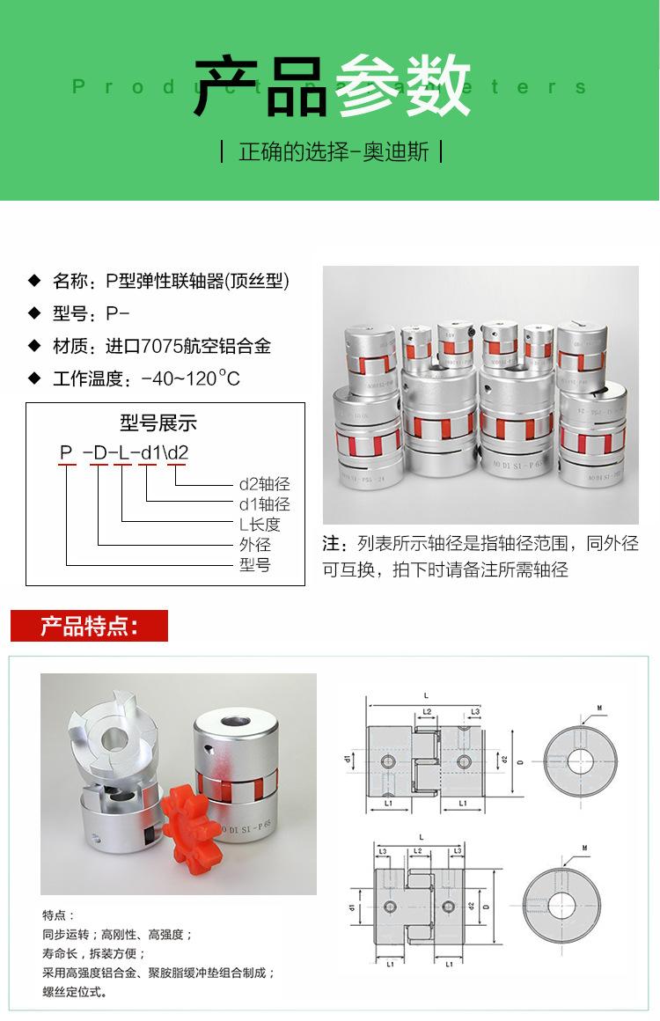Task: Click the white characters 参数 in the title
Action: [x=403, y=85]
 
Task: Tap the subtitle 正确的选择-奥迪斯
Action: [x=334, y=151]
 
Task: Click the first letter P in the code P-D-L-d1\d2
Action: [x=66, y=453]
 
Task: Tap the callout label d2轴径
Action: [x=264, y=484]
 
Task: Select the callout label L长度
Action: [x=260, y=525]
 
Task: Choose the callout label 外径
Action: [x=255, y=545]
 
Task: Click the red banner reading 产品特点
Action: [x=89, y=627]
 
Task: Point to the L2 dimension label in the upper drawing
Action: [x=426, y=710]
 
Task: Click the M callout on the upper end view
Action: [x=599, y=707]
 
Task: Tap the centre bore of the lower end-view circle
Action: [x=561, y=904]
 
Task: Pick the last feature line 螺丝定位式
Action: [x=75, y=992]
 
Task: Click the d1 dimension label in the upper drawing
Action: [x=348, y=757]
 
